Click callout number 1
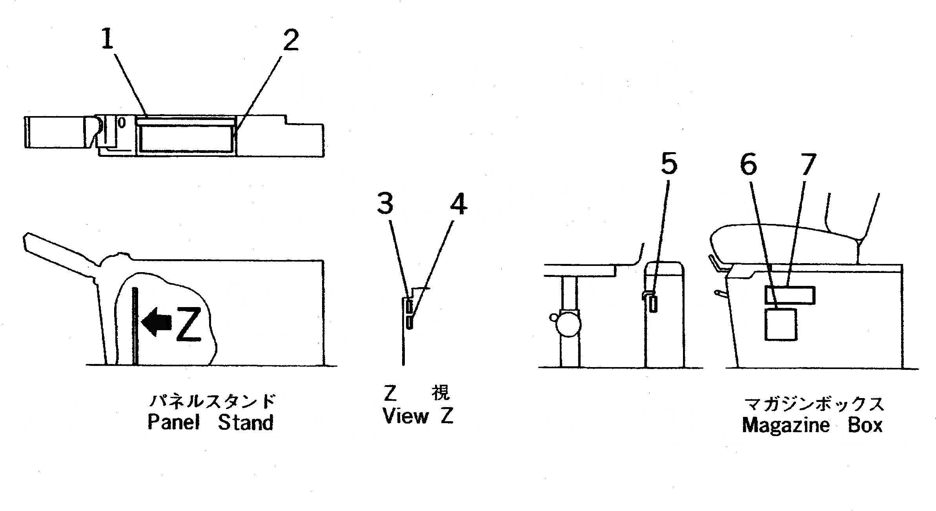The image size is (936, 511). click(x=107, y=40)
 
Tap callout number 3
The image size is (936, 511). click(x=385, y=205)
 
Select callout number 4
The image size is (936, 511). click(x=458, y=205)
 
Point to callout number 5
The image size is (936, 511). click(x=669, y=164)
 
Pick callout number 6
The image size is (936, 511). click(x=748, y=165)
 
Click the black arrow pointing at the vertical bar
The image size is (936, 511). click(x=156, y=322)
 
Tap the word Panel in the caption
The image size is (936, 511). click(x=173, y=423)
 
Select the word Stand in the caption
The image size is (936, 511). click(x=246, y=423)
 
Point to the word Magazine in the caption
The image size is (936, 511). click(x=785, y=426)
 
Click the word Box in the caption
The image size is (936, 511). click(x=865, y=426)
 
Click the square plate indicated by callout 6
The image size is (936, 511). click(x=780, y=324)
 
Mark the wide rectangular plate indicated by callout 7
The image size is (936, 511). click(x=790, y=295)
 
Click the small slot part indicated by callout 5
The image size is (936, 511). click(x=653, y=304)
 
